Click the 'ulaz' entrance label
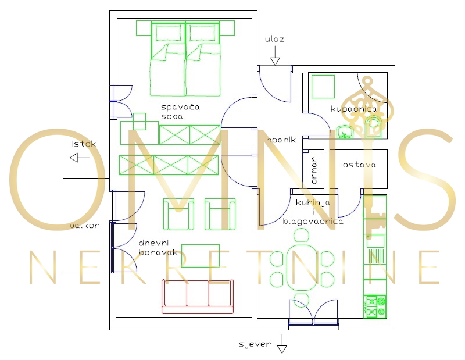coord(274,40)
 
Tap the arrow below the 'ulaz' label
coord(275,56)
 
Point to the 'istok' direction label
coord(83,143)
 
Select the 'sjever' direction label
coord(255,344)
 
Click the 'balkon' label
coord(84,225)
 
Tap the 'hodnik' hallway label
coord(281,140)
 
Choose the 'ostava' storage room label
coord(359,165)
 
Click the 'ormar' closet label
coord(314,170)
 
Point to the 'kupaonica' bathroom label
coord(353,109)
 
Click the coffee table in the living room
coord(201,255)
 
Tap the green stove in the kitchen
coord(375,306)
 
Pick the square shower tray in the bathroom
coord(323,87)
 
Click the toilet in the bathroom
coord(374,124)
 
